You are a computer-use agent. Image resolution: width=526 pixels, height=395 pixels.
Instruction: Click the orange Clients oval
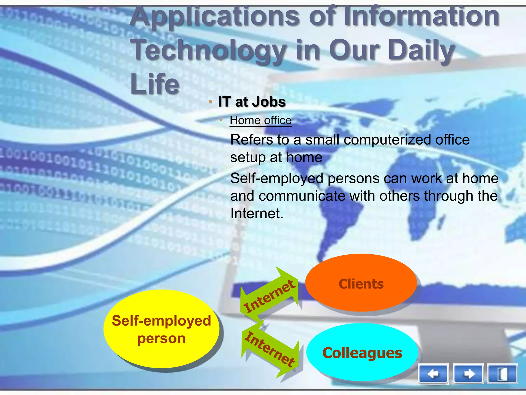pos(361,283)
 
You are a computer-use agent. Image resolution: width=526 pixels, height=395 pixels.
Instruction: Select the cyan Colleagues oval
pos(362,352)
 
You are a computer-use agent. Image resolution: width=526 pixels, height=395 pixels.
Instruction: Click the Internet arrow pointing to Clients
pos(270,296)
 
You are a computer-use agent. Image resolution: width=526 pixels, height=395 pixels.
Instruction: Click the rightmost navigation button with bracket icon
pos(502,374)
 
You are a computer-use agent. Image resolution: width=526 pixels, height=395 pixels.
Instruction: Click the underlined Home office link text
pos(261,120)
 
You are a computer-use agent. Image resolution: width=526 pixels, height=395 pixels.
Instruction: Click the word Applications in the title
pos(214,17)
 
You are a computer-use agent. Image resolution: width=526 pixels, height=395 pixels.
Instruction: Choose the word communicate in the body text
pos(302,196)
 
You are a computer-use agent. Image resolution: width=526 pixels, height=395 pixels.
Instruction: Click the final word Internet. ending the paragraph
pos(257,213)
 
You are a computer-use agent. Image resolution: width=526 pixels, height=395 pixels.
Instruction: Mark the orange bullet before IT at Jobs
pos(210,102)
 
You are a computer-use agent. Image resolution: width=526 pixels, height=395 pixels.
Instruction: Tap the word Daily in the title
pos(421,50)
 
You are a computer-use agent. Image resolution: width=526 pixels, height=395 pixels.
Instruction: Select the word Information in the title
pos(421,17)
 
